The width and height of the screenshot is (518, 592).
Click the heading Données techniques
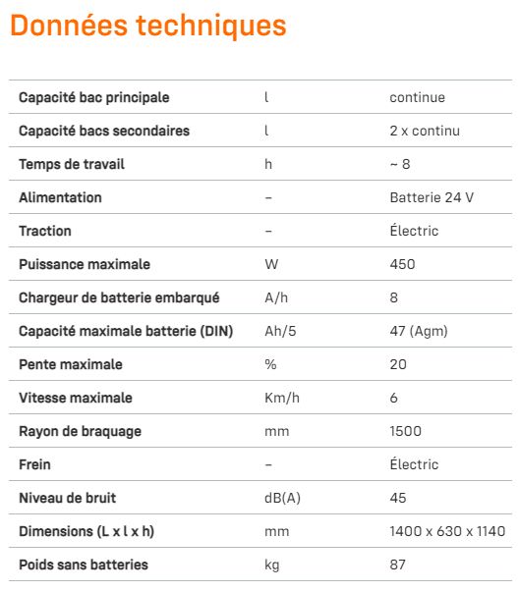point(148,26)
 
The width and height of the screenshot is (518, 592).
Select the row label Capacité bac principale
point(94,97)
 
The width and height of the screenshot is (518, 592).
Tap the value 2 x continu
point(425,131)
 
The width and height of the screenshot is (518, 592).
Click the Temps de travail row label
point(72,164)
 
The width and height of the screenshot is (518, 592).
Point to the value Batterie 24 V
point(432,197)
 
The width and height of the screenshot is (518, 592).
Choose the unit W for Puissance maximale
point(271,264)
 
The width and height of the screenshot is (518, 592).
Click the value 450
point(402,264)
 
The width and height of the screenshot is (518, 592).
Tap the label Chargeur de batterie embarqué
point(119,297)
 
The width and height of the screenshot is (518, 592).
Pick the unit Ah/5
point(280,331)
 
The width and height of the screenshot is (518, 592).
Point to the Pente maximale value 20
point(397,364)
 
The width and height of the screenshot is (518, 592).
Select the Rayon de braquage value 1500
point(406,431)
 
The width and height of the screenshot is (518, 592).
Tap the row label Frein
point(34,464)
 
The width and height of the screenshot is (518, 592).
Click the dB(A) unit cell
point(282,498)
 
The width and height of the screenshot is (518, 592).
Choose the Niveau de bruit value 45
point(397,498)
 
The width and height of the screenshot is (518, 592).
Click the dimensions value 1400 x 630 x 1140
point(447,531)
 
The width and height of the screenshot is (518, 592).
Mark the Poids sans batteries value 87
point(397,565)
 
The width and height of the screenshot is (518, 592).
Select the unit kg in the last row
point(272,565)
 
